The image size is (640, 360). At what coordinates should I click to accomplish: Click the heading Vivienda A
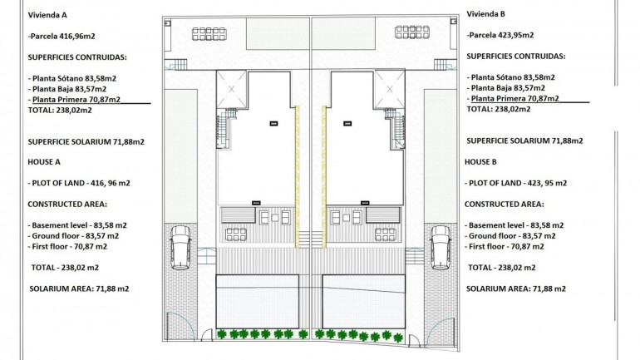click(48, 15)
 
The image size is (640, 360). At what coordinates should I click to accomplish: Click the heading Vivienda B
click(487, 13)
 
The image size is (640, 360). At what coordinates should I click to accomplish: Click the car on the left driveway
click(180, 248)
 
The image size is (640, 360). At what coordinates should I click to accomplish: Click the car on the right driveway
click(441, 248)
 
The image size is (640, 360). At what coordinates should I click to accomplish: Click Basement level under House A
click(77, 225)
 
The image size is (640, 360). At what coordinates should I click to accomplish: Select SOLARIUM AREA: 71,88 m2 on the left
click(78, 288)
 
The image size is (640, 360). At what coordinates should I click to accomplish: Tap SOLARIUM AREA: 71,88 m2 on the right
click(515, 288)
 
